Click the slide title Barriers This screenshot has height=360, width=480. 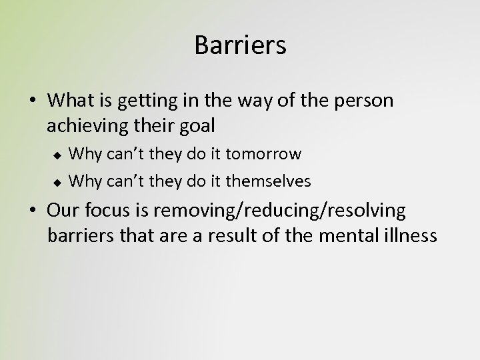pyautogui.click(x=240, y=45)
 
